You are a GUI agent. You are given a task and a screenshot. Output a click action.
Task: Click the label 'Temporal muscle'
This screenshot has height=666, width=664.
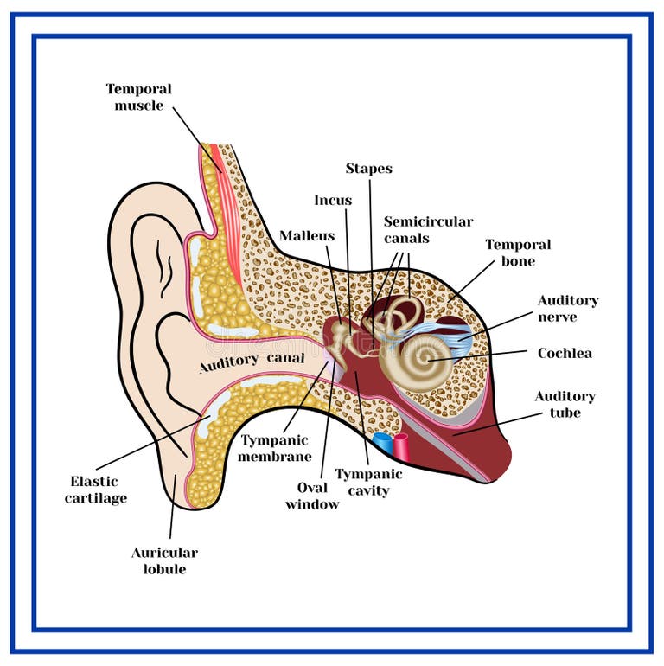[x=138, y=97]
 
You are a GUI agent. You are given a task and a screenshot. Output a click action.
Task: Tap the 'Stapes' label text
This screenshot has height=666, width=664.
[x=368, y=169]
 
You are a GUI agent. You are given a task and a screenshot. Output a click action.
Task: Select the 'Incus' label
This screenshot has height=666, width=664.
[x=333, y=201]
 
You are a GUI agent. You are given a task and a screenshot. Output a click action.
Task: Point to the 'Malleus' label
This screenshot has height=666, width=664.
[x=306, y=236]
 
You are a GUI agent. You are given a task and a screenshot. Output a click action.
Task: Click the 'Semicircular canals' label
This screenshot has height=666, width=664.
[x=428, y=230]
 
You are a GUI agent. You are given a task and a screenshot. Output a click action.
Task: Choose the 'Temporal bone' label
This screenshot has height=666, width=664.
[x=517, y=253]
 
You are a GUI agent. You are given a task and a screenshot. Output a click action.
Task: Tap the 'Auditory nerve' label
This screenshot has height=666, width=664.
[x=568, y=309]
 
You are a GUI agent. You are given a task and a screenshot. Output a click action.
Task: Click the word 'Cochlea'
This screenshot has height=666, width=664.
[x=565, y=354]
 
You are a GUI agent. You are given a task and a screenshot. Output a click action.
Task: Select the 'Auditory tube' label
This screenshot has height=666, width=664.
[x=565, y=404]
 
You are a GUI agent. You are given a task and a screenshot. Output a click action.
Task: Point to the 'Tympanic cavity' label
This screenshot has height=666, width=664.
[x=368, y=482]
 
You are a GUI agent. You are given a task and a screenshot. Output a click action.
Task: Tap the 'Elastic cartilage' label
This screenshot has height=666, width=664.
[x=95, y=490]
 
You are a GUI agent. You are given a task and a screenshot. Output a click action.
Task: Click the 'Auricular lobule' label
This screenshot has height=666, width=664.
[x=164, y=560]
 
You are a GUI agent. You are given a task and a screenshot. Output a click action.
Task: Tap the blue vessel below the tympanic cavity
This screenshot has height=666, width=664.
[x=383, y=445]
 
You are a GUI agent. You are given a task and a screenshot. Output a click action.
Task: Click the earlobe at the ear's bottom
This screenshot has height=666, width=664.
[x=174, y=484]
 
